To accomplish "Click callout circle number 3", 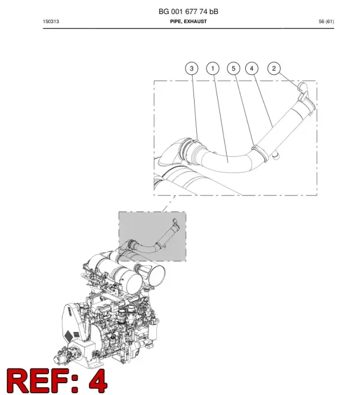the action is tap(191, 69).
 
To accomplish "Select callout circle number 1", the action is tap(213, 69).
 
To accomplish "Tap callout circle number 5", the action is tap(233, 69).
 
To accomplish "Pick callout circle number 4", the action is tap(251, 69).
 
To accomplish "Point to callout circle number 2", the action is tap(274, 69).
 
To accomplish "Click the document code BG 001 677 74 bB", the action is tap(188, 12).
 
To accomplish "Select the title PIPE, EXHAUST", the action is tap(188, 21).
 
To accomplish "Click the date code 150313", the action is tap(51, 21).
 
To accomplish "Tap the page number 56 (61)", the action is tap(326, 21).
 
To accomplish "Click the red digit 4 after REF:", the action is tap(98, 381).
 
